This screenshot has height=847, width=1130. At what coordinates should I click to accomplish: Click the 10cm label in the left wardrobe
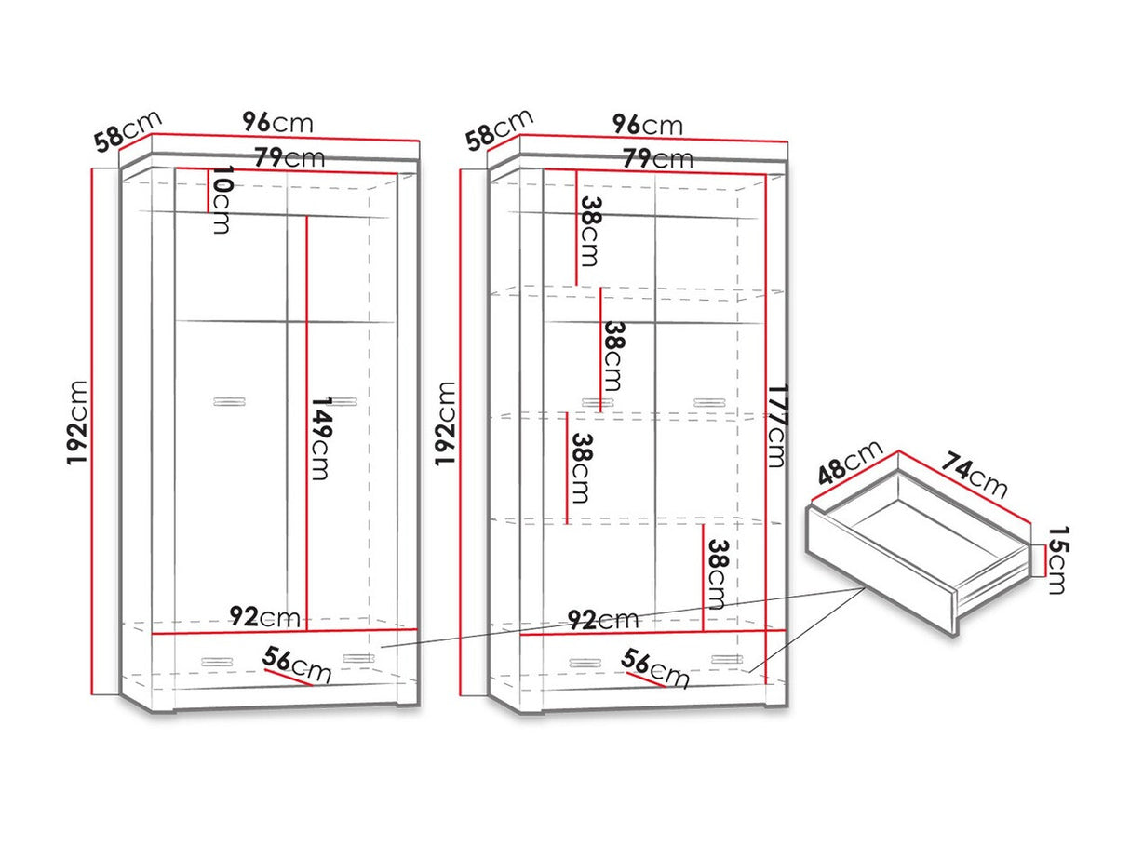[x=221, y=200]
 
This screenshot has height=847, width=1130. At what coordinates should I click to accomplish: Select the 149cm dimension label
[x=319, y=437]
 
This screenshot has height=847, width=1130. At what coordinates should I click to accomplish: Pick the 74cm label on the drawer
[x=974, y=475]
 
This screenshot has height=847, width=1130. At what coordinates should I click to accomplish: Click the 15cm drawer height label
[x=1057, y=560]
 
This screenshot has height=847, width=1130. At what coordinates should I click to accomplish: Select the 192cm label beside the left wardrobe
[x=76, y=423]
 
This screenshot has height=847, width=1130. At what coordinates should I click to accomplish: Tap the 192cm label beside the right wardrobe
[x=445, y=424]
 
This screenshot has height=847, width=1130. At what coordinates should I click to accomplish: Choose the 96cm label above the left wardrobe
[x=277, y=123]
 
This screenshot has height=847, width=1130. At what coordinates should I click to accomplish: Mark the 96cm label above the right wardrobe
[x=647, y=125]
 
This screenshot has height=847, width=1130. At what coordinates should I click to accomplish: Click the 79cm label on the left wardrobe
[x=289, y=157]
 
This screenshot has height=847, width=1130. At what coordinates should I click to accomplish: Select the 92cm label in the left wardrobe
[x=264, y=616]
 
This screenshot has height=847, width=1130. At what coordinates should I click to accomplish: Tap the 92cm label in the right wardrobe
[x=603, y=619]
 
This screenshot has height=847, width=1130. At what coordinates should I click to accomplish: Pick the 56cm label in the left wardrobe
[x=297, y=665]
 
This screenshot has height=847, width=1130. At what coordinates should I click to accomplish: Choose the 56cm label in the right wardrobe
[x=655, y=668]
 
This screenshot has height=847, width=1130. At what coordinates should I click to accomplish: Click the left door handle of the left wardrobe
[x=229, y=401]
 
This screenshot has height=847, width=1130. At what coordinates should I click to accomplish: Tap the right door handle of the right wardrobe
[x=709, y=402]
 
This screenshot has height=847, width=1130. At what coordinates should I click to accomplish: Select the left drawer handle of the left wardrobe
[x=217, y=662]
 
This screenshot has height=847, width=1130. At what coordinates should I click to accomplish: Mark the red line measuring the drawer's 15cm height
[x=1044, y=560]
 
